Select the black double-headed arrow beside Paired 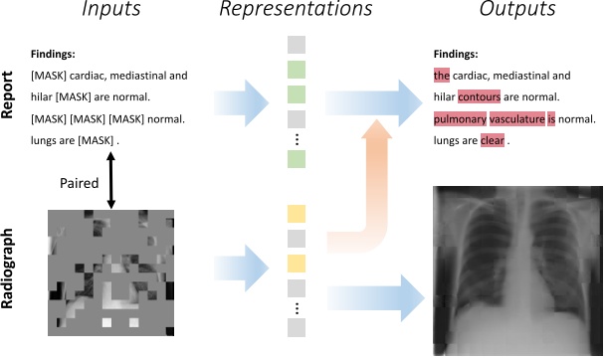[111, 185]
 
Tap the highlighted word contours [487, 97]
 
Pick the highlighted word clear [493, 141]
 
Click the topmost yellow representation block [298, 213]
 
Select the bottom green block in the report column [298, 159]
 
